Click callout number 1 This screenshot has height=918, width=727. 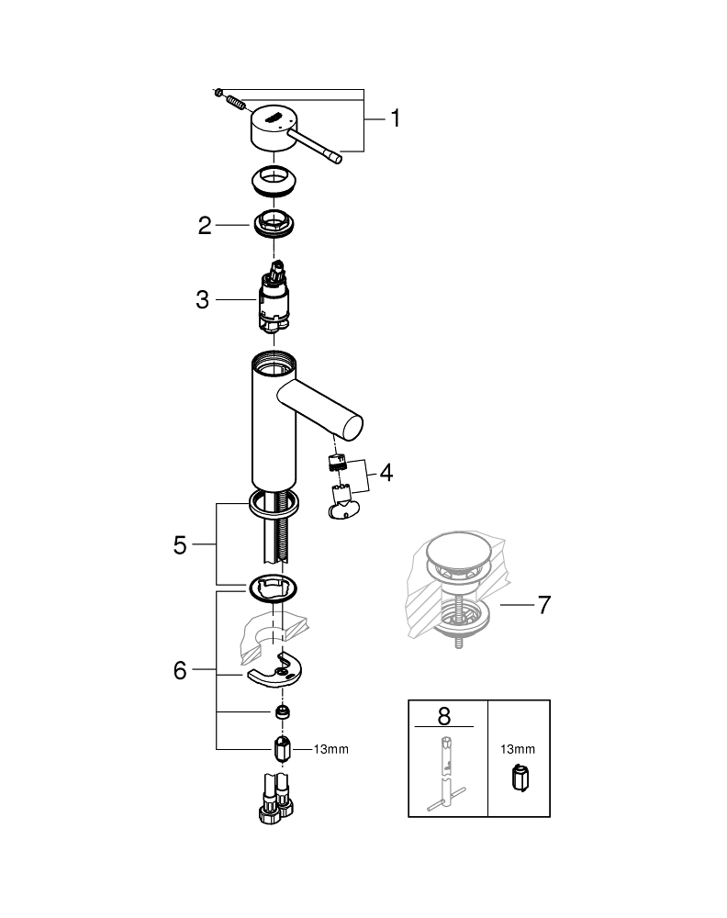395,118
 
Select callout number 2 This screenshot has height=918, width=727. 205,225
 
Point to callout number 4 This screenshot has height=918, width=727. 386,473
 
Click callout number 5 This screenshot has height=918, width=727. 180,544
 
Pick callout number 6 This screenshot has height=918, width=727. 180,671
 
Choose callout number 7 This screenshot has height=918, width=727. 543,605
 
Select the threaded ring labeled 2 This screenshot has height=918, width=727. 274,224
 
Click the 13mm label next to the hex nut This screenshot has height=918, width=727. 330,749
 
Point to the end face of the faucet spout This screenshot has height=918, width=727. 352,427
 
